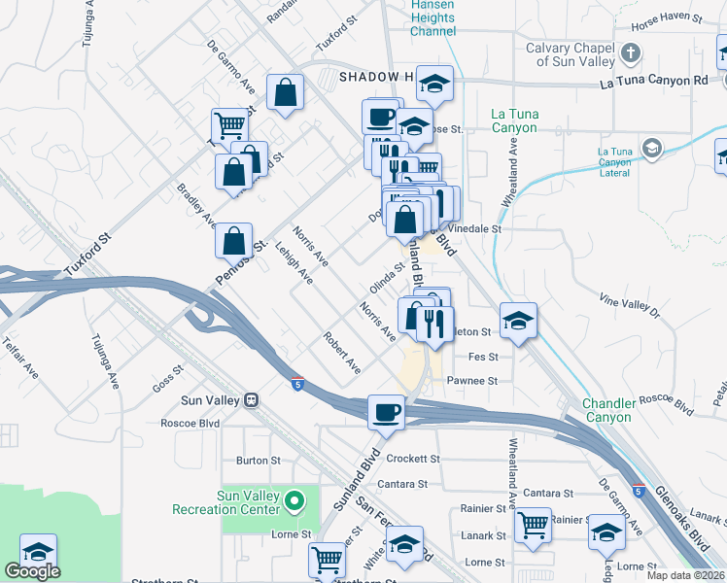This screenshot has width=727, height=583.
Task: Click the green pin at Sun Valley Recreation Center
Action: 293,501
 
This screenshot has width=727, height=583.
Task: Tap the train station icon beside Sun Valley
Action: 251,399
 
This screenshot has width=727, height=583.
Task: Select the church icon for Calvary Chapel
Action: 631,52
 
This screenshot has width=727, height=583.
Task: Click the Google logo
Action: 32,571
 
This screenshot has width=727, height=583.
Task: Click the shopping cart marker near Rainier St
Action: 533,525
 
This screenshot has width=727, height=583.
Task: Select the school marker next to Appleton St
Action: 519,321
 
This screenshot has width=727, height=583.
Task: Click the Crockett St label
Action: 413,459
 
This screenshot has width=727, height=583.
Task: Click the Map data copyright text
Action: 684,575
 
